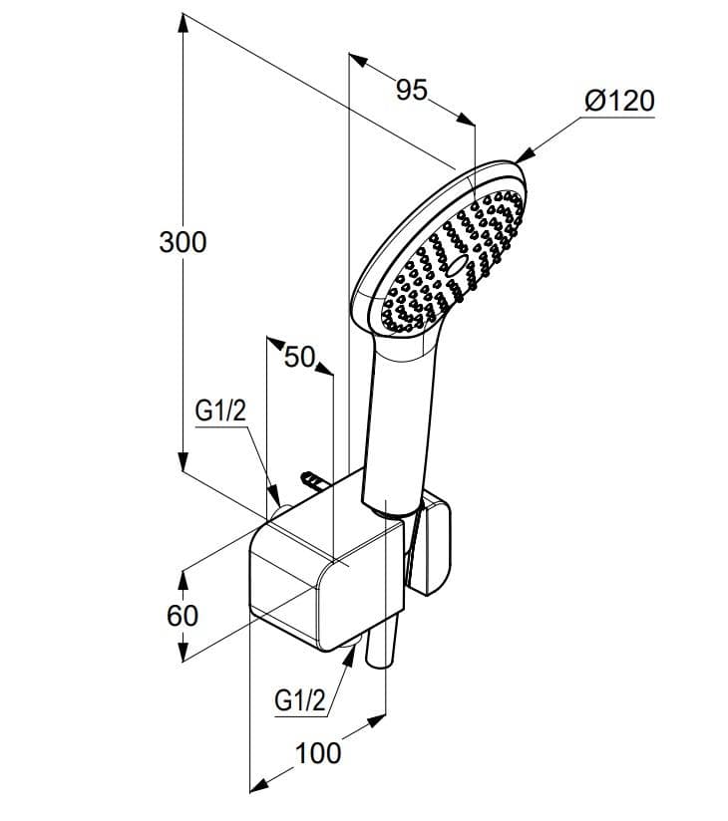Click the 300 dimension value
(182, 242)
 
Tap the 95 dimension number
(412, 90)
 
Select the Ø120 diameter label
(619, 101)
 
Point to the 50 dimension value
(300, 357)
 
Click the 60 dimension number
(182, 615)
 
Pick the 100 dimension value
(318, 753)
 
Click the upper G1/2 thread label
(220, 411)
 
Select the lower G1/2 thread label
(300, 700)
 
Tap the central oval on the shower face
(457, 266)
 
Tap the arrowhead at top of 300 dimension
(182, 25)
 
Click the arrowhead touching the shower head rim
(525, 156)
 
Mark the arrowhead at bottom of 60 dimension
(182, 651)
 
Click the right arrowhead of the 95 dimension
(465, 119)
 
